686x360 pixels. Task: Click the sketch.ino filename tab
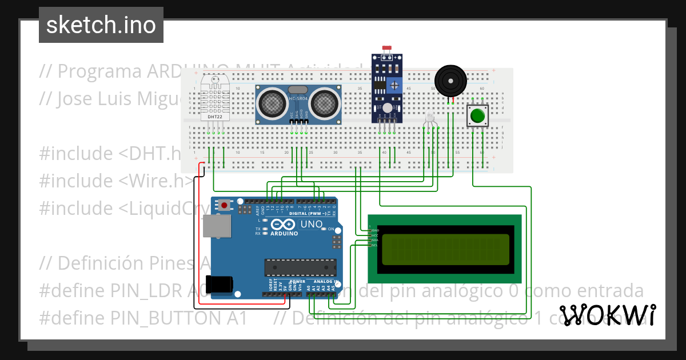click(101, 25)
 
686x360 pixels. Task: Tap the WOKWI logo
click(607, 315)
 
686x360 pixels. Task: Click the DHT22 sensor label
click(215, 117)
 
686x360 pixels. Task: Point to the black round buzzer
click(450, 80)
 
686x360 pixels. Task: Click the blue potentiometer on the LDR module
click(393, 86)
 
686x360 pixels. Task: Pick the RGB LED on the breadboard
click(430, 120)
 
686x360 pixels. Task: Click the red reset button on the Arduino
click(225, 205)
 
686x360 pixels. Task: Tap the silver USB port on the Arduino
click(217, 226)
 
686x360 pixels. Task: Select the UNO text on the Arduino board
click(312, 224)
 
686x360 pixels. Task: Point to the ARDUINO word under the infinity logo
click(284, 234)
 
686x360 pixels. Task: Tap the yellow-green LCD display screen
click(445, 250)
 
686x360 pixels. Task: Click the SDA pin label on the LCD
click(374, 240)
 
